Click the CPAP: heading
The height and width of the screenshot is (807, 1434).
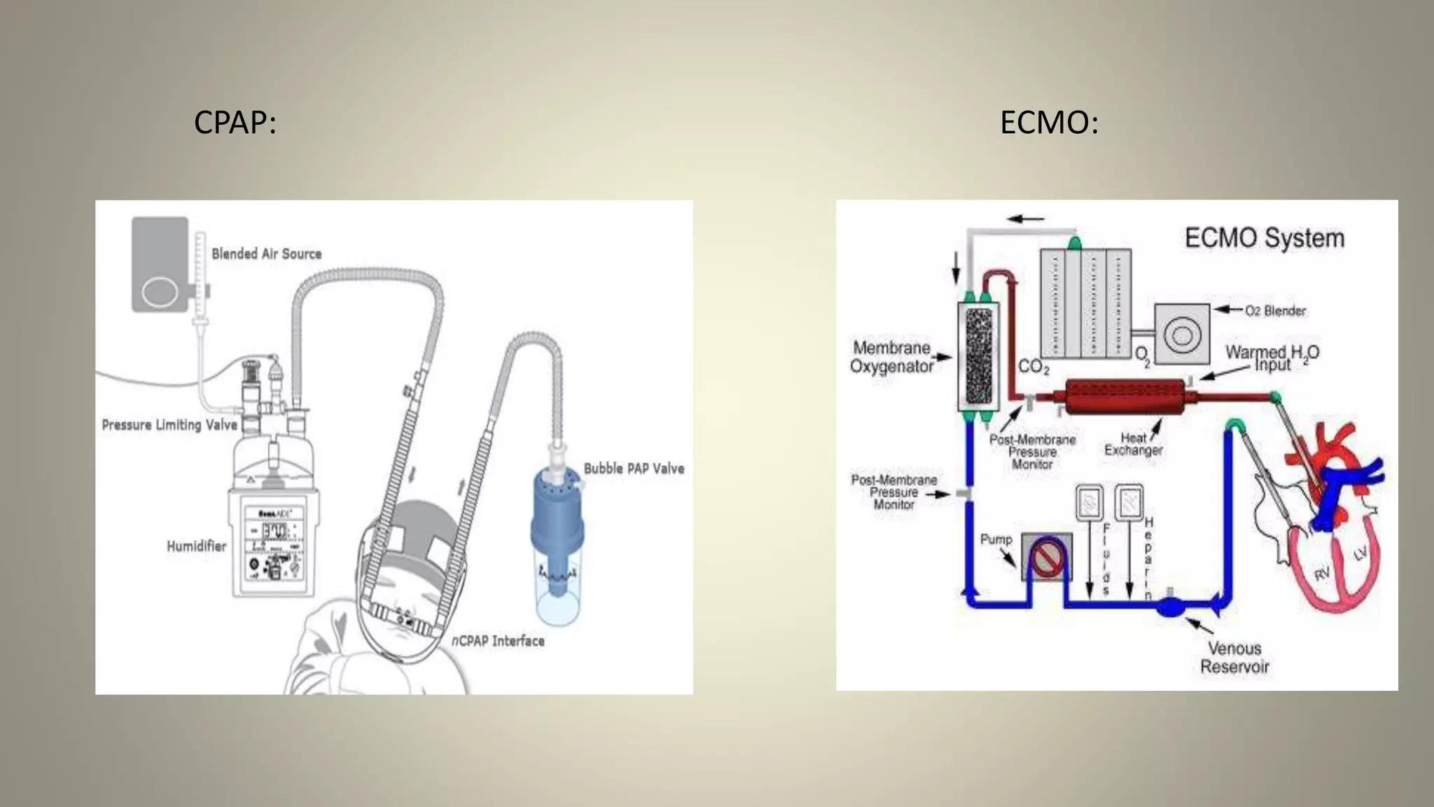[235, 123]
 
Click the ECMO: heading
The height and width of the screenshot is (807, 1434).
[1049, 123]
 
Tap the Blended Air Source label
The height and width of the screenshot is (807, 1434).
[266, 254]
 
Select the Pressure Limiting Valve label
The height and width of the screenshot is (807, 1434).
[169, 425]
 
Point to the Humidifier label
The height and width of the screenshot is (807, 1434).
[196, 546]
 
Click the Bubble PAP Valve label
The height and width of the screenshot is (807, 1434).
[634, 468]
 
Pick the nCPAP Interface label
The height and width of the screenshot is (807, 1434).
[498, 640]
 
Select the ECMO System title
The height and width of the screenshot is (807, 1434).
[1265, 238]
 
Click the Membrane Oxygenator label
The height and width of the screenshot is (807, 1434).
[891, 357]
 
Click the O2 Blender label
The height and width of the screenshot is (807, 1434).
[1275, 310]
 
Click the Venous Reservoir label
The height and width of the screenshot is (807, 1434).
[1234, 657]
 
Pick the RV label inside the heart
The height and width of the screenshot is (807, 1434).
[1321, 574]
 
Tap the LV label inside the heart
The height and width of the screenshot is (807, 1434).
[1360, 554]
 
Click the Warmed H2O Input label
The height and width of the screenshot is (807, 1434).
[1272, 358]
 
